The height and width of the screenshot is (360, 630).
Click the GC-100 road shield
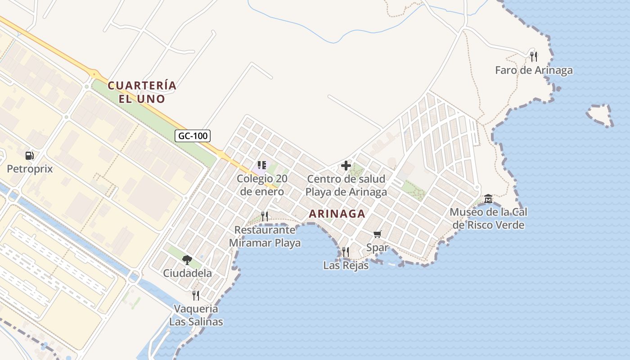click(193, 135)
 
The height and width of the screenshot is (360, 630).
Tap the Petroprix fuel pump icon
click(30, 156)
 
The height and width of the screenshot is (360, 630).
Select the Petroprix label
click(30, 169)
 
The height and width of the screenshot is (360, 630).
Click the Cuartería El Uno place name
click(142, 92)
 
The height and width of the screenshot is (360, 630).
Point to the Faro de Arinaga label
click(534, 70)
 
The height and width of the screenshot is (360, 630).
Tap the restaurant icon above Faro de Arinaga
click(534, 56)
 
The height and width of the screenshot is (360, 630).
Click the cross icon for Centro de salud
click(346, 166)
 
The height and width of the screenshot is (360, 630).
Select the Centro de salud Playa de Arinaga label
click(346, 185)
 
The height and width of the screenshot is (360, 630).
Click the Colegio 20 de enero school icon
click(262, 165)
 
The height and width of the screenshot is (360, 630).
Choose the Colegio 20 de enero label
click(262, 185)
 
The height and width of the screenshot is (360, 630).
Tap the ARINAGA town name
click(337, 214)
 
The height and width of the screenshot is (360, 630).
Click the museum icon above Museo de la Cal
click(488, 198)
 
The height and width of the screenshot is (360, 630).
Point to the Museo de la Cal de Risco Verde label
click(489, 218)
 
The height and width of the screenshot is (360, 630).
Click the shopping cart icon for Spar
click(377, 234)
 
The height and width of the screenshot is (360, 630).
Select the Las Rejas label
click(346, 265)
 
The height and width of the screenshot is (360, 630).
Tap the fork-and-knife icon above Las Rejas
click(346, 252)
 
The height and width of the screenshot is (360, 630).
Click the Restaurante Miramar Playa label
click(265, 237)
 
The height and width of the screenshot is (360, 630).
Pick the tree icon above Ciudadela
click(187, 260)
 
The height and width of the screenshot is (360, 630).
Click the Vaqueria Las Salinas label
click(196, 315)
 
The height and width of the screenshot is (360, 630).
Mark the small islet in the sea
click(600, 115)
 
